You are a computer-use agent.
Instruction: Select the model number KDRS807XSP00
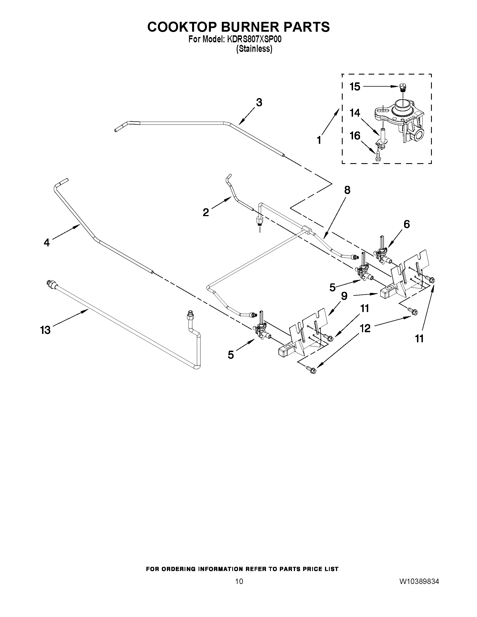254,40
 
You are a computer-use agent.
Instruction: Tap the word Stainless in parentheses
254,49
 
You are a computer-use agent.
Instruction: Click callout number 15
355,87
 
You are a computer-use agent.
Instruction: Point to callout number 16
355,136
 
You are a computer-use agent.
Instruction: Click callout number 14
355,113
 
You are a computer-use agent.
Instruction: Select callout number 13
45,330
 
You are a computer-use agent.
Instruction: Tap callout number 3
259,102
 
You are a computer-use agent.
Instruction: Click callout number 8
347,190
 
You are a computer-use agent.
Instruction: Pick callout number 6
406,224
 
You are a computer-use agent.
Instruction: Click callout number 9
344,296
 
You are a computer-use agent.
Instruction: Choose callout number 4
47,242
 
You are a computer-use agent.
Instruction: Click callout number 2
206,212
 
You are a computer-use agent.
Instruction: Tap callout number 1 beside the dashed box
319,140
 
